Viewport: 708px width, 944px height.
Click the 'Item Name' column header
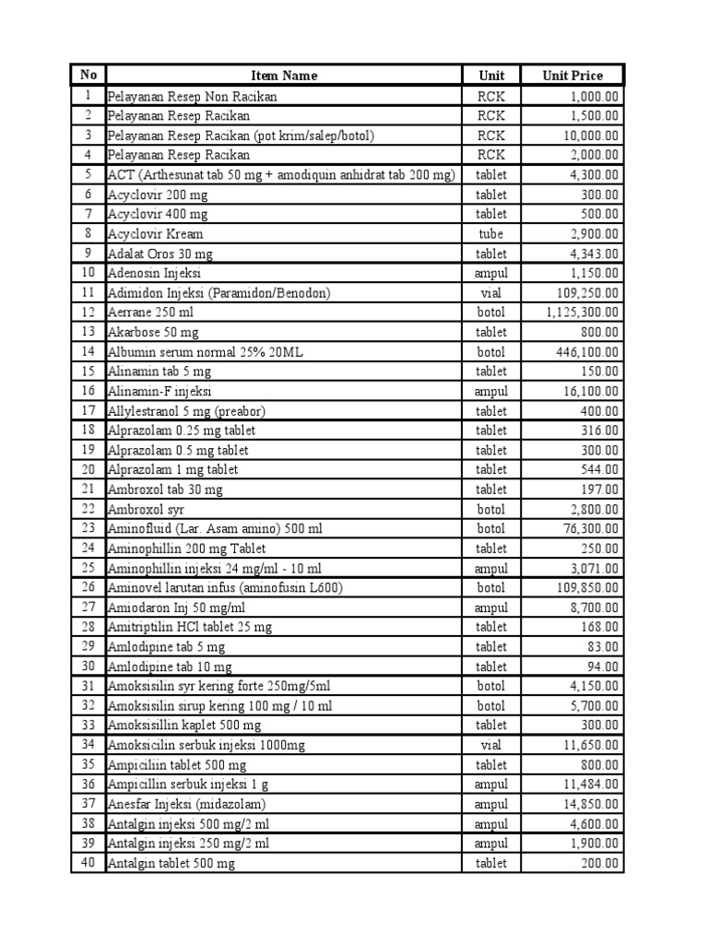[x=284, y=76]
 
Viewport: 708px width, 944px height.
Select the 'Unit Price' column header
[x=572, y=76]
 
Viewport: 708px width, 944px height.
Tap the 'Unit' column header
[x=491, y=76]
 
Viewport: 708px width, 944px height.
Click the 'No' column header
[x=88, y=76]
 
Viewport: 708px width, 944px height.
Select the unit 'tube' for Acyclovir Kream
[x=491, y=234]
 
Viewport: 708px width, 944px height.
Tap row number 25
[x=88, y=568]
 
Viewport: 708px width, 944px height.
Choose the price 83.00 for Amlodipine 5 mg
[x=604, y=647]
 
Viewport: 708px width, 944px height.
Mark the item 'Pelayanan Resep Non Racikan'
[x=193, y=96]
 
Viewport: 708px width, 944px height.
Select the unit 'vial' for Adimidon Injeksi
[x=491, y=293]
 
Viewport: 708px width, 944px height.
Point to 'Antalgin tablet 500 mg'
[x=171, y=864]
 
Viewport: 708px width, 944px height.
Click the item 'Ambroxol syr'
[x=146, y=509]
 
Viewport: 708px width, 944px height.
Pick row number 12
[x=88, y=313]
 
